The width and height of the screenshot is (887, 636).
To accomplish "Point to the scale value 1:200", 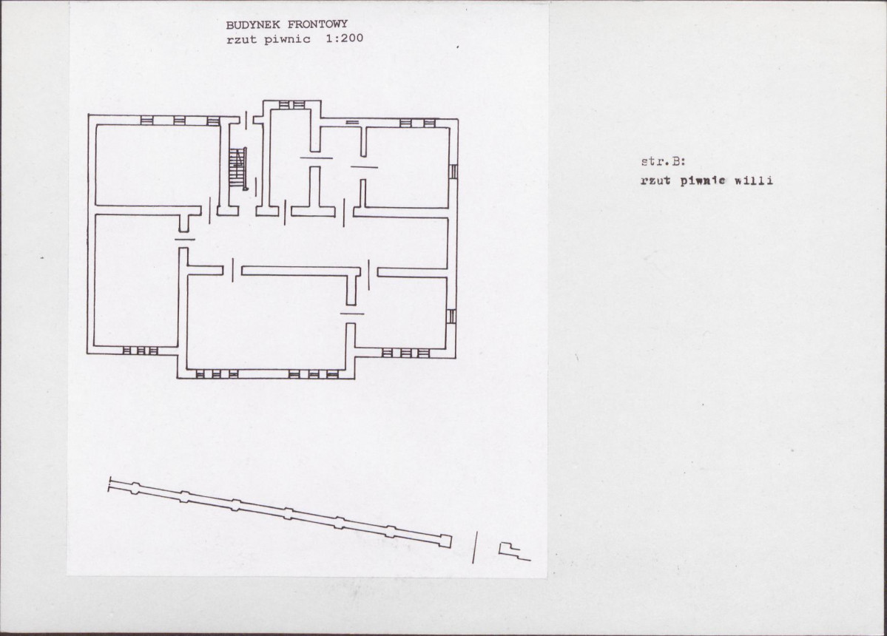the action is click(x=345, y=38).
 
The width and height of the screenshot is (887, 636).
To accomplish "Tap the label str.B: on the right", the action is click(x=663, y=162).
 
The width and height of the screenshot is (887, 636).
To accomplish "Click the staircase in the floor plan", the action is click(x=238, y=168).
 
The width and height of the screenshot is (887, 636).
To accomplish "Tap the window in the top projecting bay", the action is click(x=292, y=104).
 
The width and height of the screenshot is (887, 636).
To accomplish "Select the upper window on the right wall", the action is click(x=453, y=171).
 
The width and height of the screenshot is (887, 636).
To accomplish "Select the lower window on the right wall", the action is click(x=451, y=316).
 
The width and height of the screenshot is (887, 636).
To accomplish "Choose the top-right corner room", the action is click(x=408, y=167).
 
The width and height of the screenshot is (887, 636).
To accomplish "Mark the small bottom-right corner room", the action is click(x=400, y=313).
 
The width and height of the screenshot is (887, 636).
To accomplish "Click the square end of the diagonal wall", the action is click(x=446, y=541).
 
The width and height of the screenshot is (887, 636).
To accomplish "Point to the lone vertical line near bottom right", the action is click(x=475, y=547).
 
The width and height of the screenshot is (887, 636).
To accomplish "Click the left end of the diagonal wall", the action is click(x=109, y=485).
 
